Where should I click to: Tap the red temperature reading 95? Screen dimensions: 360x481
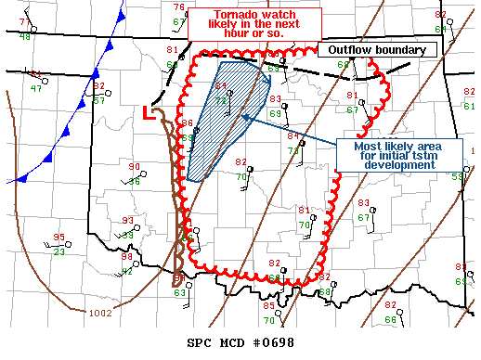pos(59,238)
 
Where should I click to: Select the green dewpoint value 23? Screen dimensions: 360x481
pos(59,251)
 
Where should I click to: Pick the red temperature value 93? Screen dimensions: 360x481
pos(128,221)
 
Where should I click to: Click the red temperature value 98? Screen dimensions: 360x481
pos(128,258)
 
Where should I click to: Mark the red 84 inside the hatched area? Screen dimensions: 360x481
pos(220,86)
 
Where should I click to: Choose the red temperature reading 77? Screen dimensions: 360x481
pos(25,22)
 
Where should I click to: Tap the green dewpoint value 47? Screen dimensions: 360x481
pos(35,88)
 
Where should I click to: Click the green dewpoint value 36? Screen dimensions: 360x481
pos(135,181)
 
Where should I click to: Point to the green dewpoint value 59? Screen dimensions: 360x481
pos(458,177)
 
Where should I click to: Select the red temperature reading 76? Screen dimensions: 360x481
pos(178,8)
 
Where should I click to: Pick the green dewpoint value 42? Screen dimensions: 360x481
pos(128,271)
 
